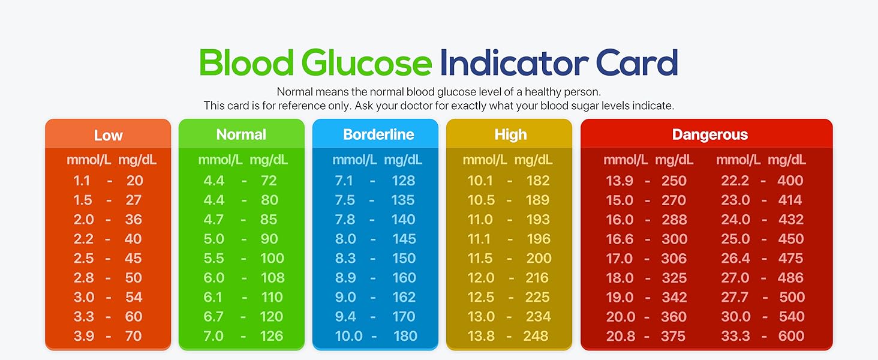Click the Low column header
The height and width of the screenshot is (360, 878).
108,135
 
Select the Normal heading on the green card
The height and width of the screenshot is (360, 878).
241,134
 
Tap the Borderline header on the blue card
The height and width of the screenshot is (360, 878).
378,134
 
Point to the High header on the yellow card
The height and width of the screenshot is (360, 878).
510,134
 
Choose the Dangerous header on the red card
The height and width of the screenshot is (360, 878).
709,134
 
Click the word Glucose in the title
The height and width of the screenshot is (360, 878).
366,63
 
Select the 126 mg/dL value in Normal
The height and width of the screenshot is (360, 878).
272,336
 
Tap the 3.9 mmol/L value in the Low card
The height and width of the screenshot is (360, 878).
84,336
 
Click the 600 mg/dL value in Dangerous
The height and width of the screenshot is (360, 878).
791,336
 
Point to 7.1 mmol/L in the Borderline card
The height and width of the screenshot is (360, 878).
345,181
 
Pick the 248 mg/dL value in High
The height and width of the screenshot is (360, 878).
536,336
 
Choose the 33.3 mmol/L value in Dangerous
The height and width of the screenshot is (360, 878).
735,336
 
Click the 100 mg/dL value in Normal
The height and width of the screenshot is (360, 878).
272,259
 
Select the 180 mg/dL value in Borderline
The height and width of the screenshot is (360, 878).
405,336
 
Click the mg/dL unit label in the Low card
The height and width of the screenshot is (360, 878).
137,160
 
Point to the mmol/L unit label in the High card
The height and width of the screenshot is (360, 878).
485,160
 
